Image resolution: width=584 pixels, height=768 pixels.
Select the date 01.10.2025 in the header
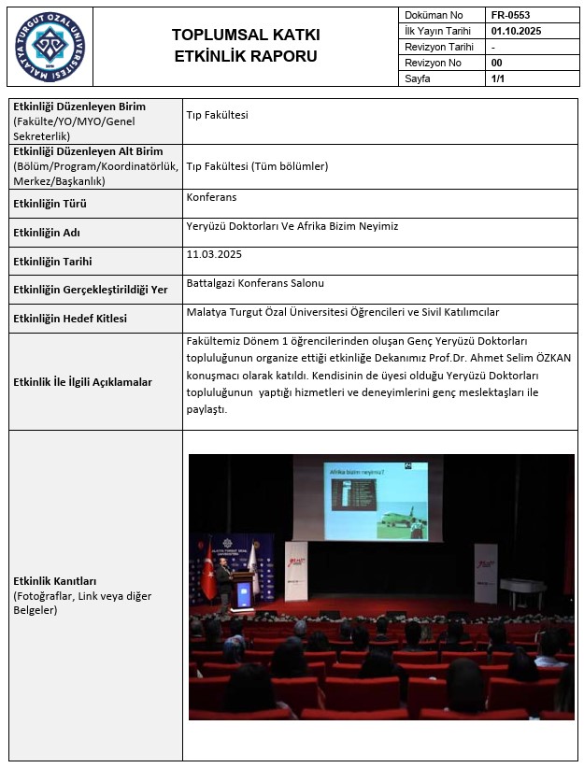(x=516, y=31)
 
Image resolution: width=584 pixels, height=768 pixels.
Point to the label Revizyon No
(x=433, y=64)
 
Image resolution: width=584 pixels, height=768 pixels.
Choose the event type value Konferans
(x=212, y=197)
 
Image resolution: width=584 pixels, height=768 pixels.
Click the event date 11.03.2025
(x=214, y=254)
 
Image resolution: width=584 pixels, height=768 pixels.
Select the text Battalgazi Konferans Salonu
(x=255, y=283)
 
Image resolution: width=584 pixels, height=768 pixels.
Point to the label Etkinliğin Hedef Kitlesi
(x=70, y=319)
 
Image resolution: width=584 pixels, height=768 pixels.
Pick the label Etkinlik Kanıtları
(x=54, y=581)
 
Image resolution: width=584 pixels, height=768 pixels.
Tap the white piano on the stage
(x=521, y=588)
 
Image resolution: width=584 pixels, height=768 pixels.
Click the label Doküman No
(x=434, y=16)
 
